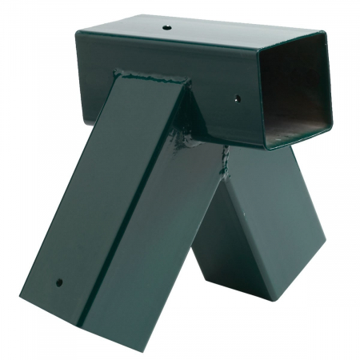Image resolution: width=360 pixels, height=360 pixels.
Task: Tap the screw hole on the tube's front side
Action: point(236,100)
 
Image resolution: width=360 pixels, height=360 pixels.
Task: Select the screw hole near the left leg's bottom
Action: point(59,282)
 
